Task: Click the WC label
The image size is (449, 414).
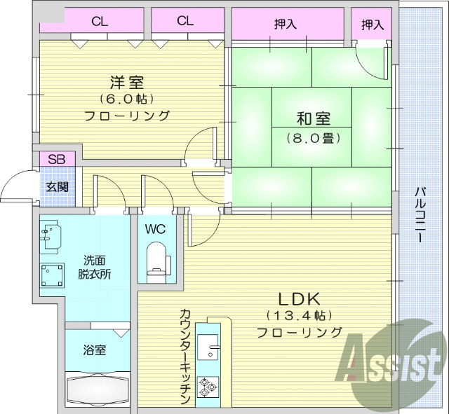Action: tap(156, 229)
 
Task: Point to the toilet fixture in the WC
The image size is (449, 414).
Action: tap(156, 259)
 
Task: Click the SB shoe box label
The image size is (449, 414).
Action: tap(57, 159)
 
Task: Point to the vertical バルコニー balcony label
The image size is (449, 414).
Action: tap(420, 214)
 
